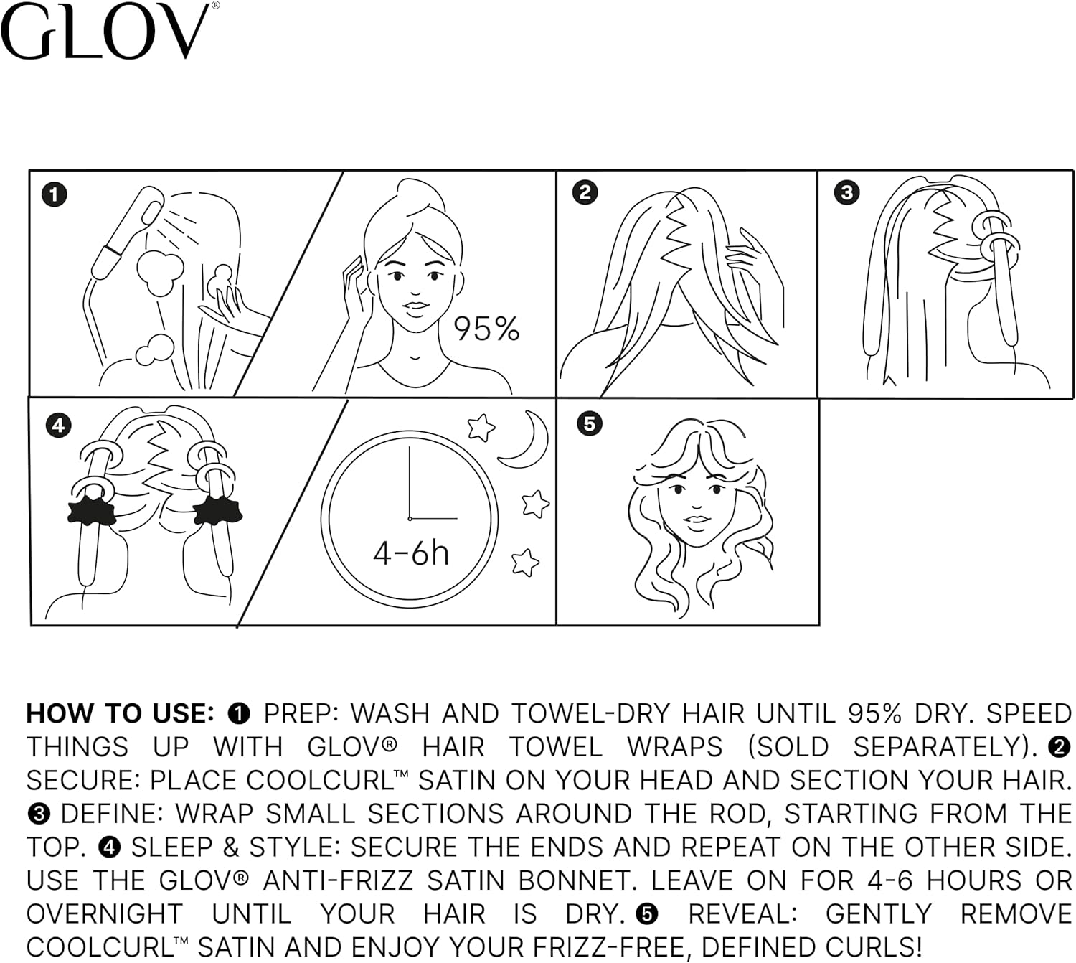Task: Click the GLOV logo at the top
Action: pos(108,32)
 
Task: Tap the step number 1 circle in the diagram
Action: pos(55,194)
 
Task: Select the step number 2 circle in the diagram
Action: pos(585,192)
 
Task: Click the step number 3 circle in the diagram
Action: pos(846,192)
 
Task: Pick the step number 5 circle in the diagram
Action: pos(589,423)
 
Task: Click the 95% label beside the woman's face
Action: pos(486,329)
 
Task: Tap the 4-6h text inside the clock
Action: pos(410,553)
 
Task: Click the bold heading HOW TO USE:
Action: pos(121,714)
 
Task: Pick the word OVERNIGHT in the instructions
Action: pos(105,914)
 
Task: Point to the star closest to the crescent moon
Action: pos(481,428)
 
